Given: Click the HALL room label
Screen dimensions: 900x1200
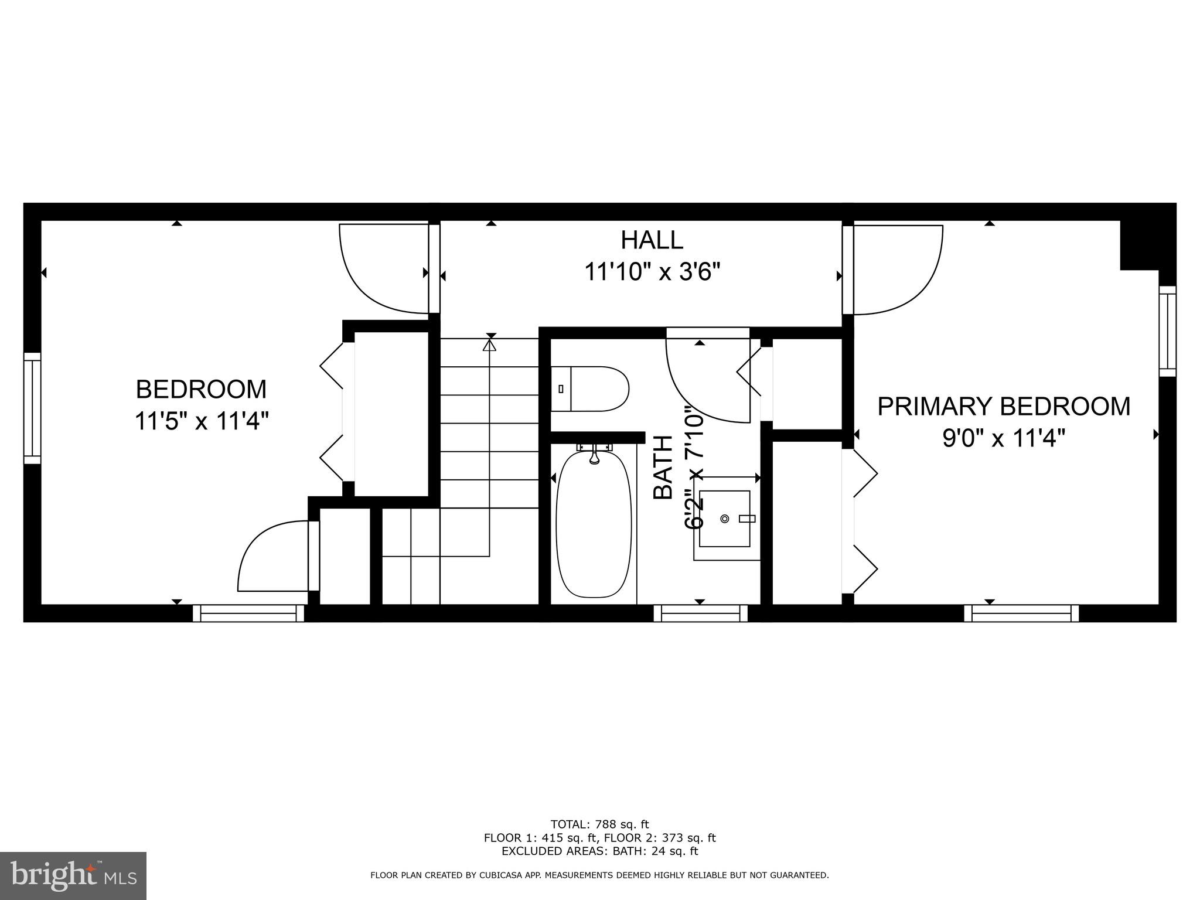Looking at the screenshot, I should click(x=652, y=240).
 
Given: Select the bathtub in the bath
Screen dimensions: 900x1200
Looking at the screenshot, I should click(x=594, y=524).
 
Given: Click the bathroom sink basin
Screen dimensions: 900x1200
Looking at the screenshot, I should click(x=725, y=519).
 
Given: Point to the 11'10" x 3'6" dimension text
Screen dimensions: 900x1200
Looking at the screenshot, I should click(x=652, y=272).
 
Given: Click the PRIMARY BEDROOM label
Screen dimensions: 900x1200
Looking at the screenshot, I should click(x=1003, y=407).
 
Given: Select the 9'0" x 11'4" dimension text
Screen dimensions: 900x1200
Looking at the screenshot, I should click(x=1003, y=438).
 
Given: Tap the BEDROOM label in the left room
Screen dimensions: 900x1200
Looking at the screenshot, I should click(x=201, y=389).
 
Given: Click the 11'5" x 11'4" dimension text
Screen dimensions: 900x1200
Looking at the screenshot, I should click(x=201, y=421).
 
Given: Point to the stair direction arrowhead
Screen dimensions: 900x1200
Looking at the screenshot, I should click(x=489, y=345).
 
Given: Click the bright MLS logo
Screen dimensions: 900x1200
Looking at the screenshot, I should click(x=73, y=875).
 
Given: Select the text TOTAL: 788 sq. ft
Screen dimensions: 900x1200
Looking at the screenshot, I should click(x=599, y=824).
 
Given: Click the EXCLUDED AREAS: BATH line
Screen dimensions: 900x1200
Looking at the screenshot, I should click(x=599, y=851).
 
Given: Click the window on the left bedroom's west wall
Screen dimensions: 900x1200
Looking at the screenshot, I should click(x=32, y=408).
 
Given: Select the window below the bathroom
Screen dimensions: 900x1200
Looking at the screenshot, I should click(x=701, y=613).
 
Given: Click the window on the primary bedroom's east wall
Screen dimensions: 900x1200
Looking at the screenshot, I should click(x=1167, y=331).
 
